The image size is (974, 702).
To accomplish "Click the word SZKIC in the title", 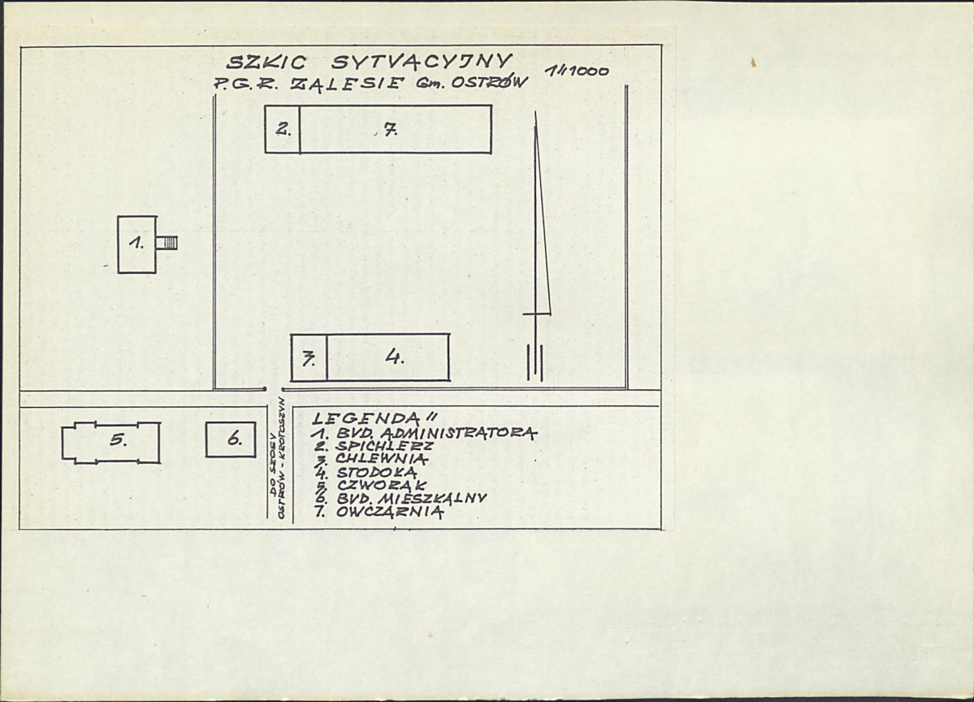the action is [266, 63].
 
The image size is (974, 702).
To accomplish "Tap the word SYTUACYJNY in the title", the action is [422, 62].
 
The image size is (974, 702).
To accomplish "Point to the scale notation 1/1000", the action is [577, 71].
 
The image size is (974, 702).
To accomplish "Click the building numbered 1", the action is [137, 244].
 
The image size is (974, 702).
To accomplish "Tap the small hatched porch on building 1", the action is [167, 242].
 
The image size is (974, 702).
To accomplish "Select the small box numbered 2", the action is [283, 129].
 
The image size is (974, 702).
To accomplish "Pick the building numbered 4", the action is [387, 357].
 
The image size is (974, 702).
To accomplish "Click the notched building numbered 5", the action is [111, 442].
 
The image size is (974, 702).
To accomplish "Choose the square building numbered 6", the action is [231, 440].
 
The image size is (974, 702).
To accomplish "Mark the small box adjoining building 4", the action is [309, 357].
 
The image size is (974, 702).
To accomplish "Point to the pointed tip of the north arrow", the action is [535, 113].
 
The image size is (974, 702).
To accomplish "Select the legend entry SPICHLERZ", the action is [384, 446].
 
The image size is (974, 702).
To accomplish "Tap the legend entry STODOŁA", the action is [377, 473].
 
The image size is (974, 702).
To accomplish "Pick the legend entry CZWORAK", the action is [382, 485].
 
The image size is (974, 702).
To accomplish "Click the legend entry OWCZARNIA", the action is [390, 512].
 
